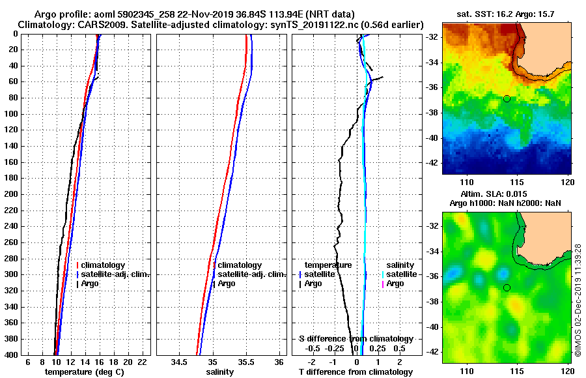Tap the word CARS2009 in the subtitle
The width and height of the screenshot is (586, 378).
point(99,25)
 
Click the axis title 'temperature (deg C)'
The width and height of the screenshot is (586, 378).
point(84,371)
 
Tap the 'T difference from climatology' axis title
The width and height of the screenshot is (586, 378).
point(356,371)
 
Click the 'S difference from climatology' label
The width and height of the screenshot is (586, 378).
point(356,339)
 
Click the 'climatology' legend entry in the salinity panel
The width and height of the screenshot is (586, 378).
point(240,265)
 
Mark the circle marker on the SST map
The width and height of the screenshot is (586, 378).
point(507,98)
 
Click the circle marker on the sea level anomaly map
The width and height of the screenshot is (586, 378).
point(507,287)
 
